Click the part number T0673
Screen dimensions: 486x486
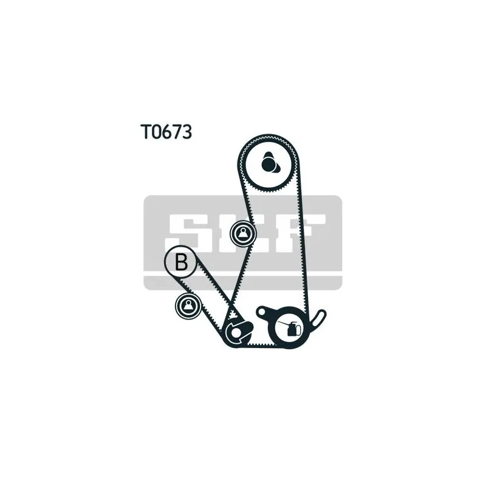click(x=166, y=132)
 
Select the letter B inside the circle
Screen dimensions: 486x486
click(x=181, y=262)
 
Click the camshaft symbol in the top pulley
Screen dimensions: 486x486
click(x=269, y=162)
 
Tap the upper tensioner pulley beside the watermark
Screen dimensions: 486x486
click(x=244, y=234)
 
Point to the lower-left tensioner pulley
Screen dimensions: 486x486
click(x=188, y=306)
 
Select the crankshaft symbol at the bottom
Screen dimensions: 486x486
click(x=238, y=332)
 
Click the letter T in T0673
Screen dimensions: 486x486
click(x=146, y=132)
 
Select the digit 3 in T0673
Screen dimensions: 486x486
click(x=187, y=132)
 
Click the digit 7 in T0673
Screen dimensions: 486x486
click(x=177, y=132)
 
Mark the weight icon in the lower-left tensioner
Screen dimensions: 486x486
click(x=188, y=306)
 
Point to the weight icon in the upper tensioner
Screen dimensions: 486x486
click(x=244, y=234)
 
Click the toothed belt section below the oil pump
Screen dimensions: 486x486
click(x=262, y=344)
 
